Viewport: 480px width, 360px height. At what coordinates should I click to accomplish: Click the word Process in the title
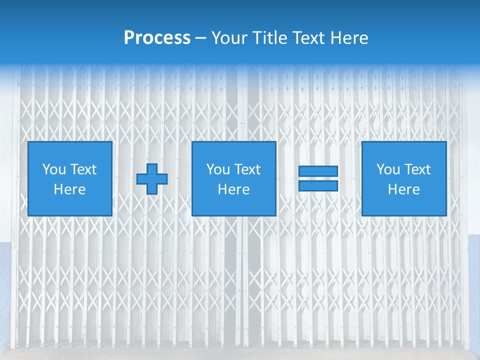pos(157,38)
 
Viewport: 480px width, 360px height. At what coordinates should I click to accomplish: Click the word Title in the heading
pos(270,38)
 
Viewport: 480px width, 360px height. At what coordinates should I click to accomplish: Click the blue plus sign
pos(152,178)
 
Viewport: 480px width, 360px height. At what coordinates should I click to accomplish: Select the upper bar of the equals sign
pos(318,171)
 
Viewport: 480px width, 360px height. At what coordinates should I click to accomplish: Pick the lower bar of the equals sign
pos(318,185)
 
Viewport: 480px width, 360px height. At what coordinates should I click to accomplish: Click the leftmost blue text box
pos(70,178)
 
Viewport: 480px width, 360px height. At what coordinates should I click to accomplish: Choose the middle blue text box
pos(233,178)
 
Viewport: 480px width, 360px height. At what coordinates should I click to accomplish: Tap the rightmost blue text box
pos(403,178)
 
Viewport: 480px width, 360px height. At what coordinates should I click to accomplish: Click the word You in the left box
pos(54,169)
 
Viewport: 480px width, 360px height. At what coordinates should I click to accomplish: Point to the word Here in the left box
pos(70,189)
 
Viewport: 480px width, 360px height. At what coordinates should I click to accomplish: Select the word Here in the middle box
pos(233,189)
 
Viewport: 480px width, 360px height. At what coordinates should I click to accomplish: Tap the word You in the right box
pos(388,169)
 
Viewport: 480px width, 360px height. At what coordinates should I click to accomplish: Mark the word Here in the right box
pos(403,189)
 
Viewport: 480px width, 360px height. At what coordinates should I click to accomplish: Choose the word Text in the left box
pos(83,169)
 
